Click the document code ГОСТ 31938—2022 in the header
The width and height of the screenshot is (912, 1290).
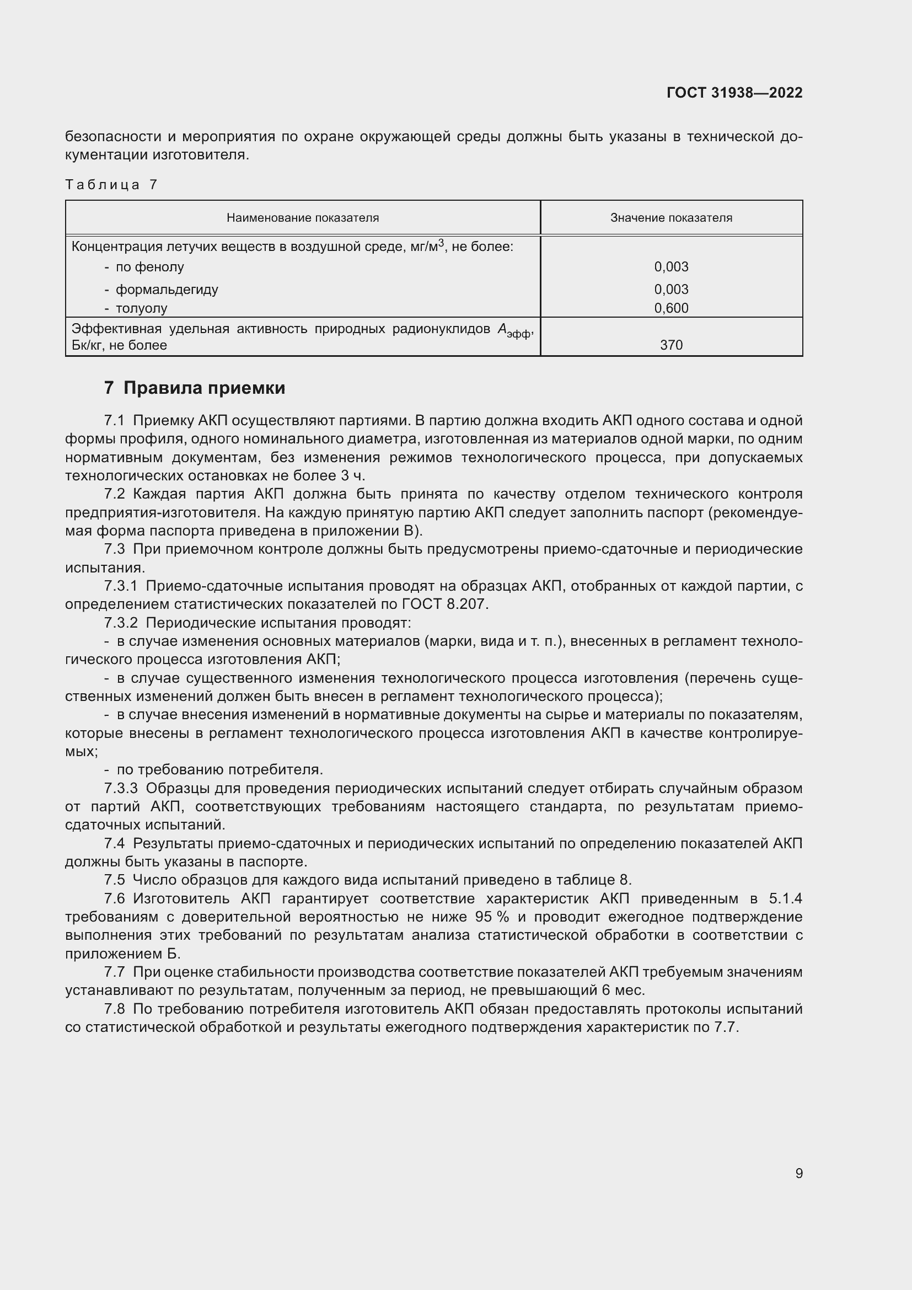[734, 93]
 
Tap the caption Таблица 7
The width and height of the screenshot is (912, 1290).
[111, 185]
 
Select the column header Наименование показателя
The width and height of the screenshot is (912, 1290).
[303, 218]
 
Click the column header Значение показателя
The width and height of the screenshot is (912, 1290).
[671, 218]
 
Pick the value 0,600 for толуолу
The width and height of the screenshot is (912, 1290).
[671, 308]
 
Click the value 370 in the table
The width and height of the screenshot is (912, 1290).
[671, 345]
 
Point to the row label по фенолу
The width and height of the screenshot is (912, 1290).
[149, 267]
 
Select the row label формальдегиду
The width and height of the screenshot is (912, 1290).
[167, 290]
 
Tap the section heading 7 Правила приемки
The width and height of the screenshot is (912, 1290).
[194, 388]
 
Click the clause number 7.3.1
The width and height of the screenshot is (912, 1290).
[121, 586]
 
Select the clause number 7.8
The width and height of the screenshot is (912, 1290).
[115, 1009]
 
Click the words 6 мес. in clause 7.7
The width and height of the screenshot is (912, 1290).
[622, 990]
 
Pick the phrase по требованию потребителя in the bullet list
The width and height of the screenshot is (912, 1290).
[219, 770]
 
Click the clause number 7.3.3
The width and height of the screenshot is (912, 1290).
[121, 788]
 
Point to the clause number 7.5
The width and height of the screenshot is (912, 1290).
[115, 880]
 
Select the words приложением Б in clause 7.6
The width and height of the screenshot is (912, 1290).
[122, 954]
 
